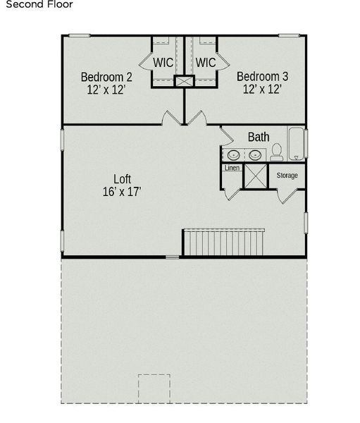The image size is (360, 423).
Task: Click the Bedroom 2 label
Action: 106,77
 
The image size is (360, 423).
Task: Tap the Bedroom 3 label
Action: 261,77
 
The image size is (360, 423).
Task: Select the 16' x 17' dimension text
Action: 123,192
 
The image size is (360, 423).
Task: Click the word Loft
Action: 123,179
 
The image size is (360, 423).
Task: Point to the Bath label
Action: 259,137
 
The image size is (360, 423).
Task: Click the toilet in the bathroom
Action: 277,152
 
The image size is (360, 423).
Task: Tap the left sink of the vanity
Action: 232,154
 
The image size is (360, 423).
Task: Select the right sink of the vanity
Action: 252,154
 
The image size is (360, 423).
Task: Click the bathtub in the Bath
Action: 297,145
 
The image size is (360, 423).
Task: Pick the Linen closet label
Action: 232,168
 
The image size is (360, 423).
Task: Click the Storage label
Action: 287,176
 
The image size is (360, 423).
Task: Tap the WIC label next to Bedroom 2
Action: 163,63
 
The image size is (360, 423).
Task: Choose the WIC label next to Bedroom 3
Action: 205,63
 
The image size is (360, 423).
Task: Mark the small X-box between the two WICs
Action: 185,82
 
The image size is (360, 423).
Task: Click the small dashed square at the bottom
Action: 155,388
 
